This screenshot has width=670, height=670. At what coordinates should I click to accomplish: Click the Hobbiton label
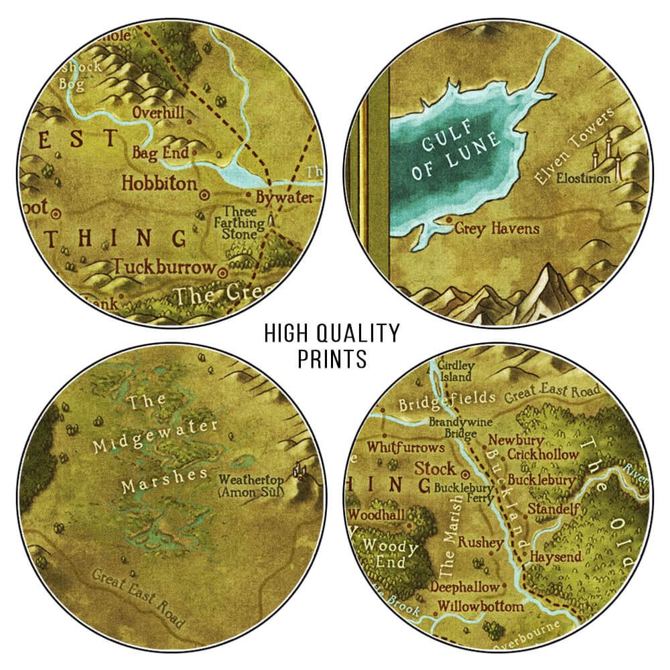click(x=159, y=183)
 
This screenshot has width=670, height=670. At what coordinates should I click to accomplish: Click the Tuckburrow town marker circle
click(x=224, y=270)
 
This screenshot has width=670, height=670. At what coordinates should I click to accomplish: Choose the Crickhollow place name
click(x=543, y=454)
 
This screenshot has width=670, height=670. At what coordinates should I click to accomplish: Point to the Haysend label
click(x=553, y=557)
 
